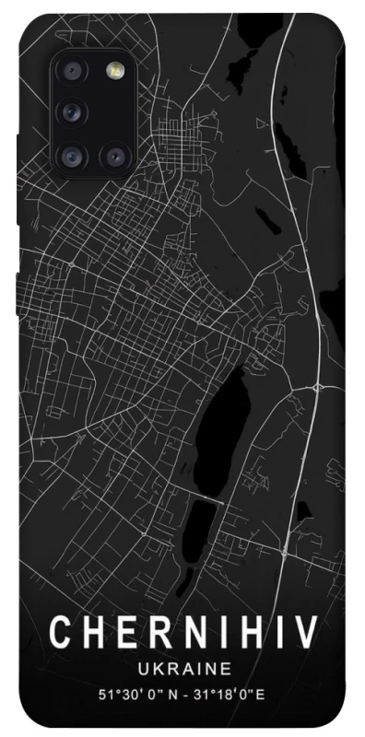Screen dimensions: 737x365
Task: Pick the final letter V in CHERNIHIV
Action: click(306, 633)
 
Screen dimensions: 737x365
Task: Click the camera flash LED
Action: click(115, 72)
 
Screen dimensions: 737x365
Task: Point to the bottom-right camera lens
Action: click(115, 155)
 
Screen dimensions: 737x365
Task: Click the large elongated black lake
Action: click(221, 415)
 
